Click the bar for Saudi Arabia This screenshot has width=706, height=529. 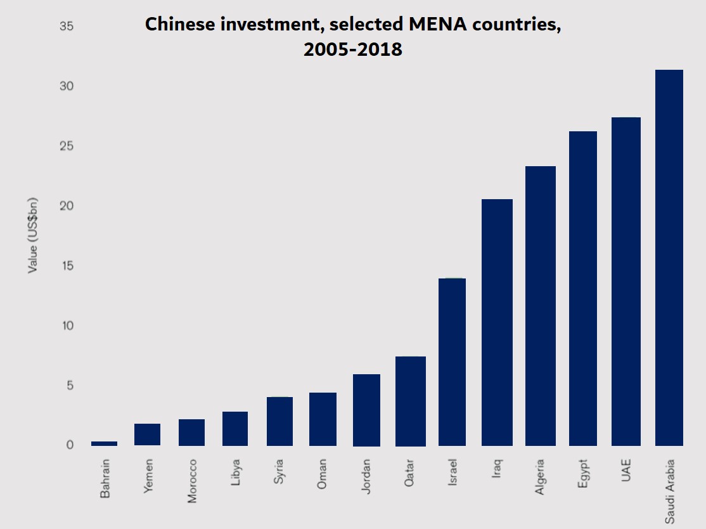point(669,258)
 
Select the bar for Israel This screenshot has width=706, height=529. point(452,362)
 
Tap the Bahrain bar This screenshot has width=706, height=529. point(105,443)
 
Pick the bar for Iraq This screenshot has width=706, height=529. point(497,322)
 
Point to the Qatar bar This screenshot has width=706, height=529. point(410,401)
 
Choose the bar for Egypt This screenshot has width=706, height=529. point(583,288)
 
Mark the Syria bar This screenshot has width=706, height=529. point(279,421)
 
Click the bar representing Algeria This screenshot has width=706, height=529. point(540,306)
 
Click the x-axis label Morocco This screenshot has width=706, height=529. point(193,480)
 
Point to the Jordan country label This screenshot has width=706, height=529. point(366,476)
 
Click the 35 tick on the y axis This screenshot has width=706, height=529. point(66,27)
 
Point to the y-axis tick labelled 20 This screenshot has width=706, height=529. point(66,206)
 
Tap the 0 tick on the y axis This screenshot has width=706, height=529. point(70,445)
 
